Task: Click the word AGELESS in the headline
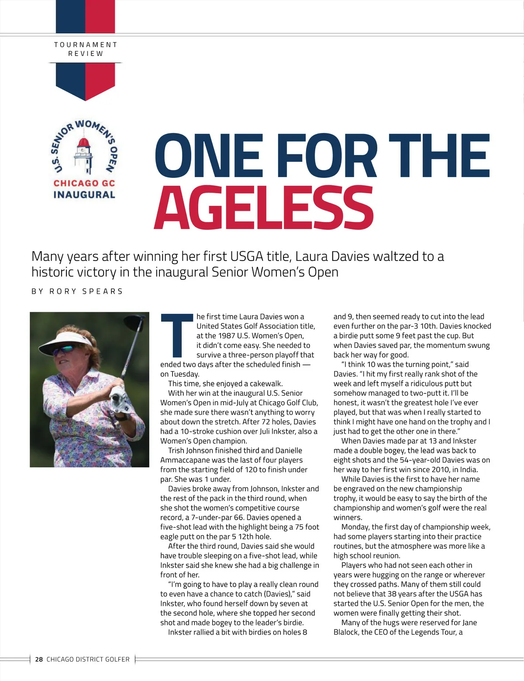[x=264, y=208]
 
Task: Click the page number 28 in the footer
[x=39, y=659]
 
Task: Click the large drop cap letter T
[x=177, y=335]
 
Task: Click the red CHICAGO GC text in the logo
[x=84, y=184]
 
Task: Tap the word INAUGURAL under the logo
[x=84, y=195]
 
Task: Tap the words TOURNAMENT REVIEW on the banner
[x=86, y=49]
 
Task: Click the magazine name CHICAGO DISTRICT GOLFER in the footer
[x=88, y=659]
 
